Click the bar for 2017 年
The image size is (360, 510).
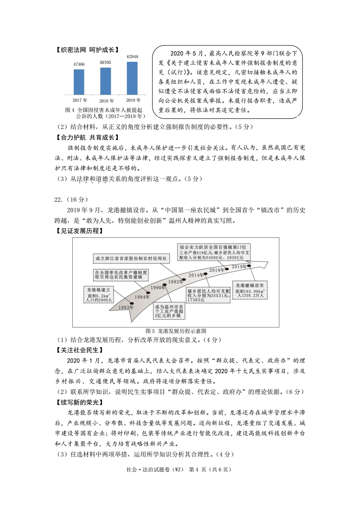pos(79,82)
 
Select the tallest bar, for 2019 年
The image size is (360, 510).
pos(132,78)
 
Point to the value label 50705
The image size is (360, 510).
pos(105,63)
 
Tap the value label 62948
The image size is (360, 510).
pos(132,57)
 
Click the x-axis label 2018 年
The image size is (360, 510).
pos(106,101)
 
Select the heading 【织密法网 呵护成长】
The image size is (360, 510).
pos(88,50)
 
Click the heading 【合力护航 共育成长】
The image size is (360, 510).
pos(88,137)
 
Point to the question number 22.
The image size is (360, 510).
pos(58,200)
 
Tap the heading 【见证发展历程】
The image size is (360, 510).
pos(80,231)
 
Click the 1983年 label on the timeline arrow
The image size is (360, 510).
pos(126,307)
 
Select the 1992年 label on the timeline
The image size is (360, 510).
pos(175,282)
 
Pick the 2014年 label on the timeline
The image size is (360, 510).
pos(196,275)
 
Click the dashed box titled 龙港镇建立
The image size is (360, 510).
pos(99,295)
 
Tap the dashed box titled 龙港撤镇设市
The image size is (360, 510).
pos(250,290)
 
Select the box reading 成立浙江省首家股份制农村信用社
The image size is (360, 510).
pos(131,258)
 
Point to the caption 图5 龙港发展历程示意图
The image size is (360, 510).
pos(176,331)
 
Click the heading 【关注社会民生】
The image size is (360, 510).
pos(80,350)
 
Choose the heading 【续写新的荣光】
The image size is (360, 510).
pos(80,402)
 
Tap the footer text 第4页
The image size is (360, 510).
pos(197,469)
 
